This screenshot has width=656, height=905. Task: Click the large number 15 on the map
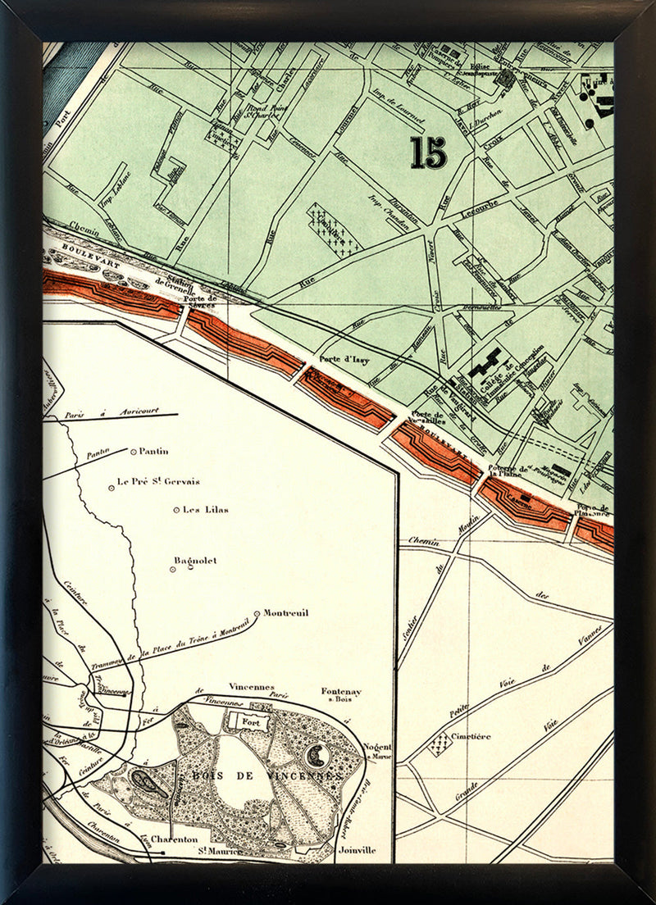point(429,152)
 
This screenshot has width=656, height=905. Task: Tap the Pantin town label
point(154,451)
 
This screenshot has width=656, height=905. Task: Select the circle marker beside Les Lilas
point(175,510)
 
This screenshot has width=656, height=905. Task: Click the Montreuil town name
point(286,612)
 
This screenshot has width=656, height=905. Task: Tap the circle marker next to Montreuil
point(257,613)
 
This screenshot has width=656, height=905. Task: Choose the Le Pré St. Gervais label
point(158,482)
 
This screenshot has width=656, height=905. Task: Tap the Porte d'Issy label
point(342,358)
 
